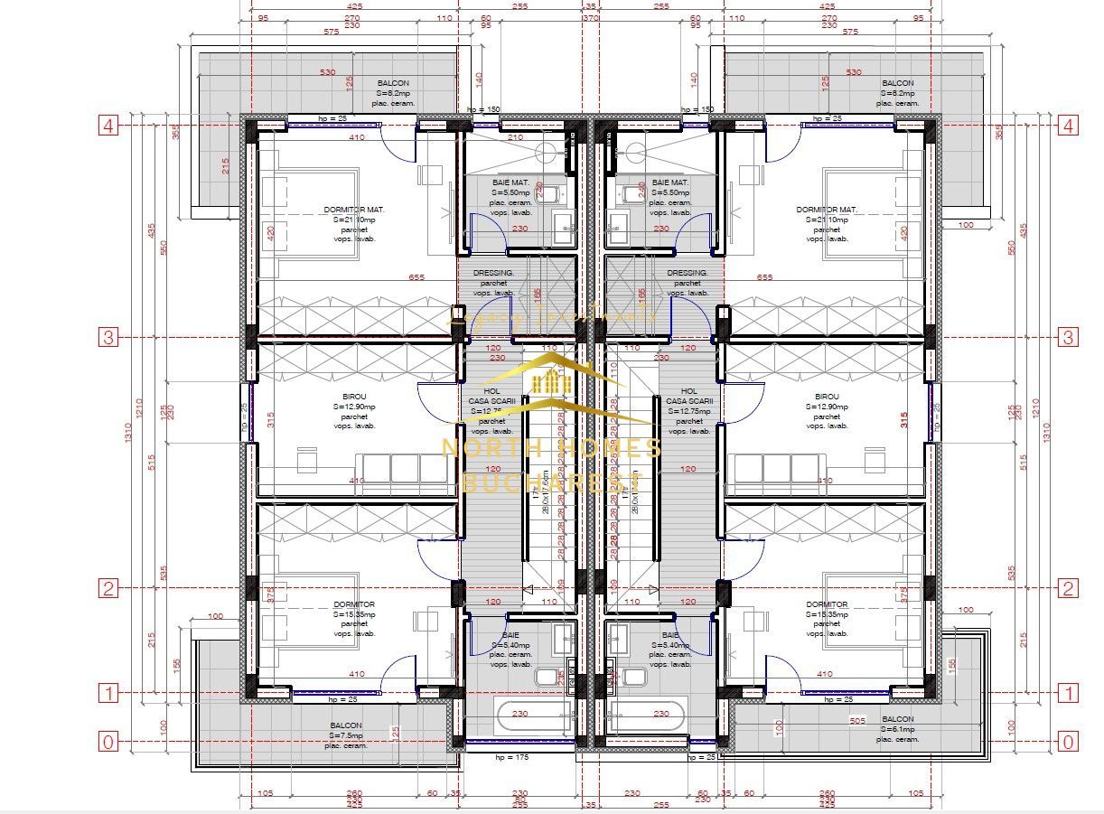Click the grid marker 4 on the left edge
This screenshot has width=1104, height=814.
[108, 126]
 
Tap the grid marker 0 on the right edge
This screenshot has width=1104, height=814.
[1068, 742]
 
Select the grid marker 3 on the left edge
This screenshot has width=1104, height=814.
[108, 337]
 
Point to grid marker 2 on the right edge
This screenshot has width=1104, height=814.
[1068, 588]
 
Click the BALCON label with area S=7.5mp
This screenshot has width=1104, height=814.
[345, 725]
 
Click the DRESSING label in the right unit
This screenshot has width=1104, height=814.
[687, 273]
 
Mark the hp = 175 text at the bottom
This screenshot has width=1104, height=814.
[485, 757]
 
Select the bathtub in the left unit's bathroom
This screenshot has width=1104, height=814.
[519, 716]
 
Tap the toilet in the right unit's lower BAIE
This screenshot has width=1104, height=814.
[636, 676]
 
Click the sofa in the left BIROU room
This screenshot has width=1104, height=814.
[405, 468]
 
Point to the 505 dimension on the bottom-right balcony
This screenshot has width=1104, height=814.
[859, 721]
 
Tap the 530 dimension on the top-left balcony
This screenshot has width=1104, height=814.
[327, 71]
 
